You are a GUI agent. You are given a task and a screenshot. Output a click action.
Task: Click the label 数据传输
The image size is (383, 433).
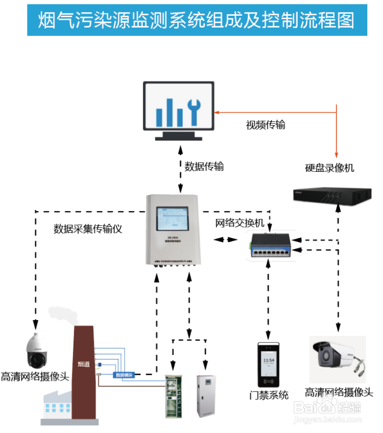(x=204, y=166)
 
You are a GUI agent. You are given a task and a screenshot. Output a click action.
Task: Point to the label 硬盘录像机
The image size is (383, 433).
(x=329, y=168)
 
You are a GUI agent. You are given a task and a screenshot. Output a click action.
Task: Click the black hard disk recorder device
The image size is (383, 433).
(x=332, y=194)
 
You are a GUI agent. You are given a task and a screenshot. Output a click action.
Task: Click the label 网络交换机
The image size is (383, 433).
(x=239, y=223)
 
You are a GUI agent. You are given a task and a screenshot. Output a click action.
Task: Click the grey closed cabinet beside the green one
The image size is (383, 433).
(x=205, y=395)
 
